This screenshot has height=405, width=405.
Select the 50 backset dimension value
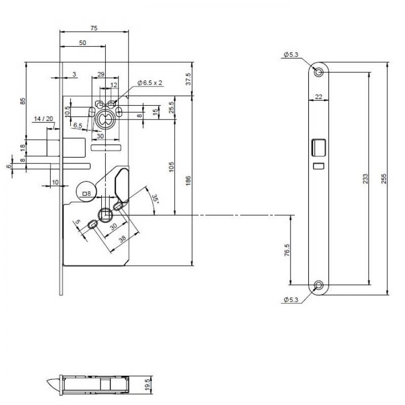coord(82,44)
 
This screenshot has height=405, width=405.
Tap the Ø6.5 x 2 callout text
coord(149,83)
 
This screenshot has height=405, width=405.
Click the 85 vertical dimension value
coord(22,101)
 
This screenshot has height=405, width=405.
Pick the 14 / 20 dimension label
coord(43,119)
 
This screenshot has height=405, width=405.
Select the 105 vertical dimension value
coord(171,167)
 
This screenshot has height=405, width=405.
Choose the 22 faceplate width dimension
coord(319,96)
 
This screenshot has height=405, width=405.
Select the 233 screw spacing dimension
coord(365,180)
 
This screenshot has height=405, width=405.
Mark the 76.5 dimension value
coord(287,251)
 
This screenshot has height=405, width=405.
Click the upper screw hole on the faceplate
coord(318,72)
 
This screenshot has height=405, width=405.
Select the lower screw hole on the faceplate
coord(318,286)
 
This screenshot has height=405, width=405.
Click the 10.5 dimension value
coord(67,111)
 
